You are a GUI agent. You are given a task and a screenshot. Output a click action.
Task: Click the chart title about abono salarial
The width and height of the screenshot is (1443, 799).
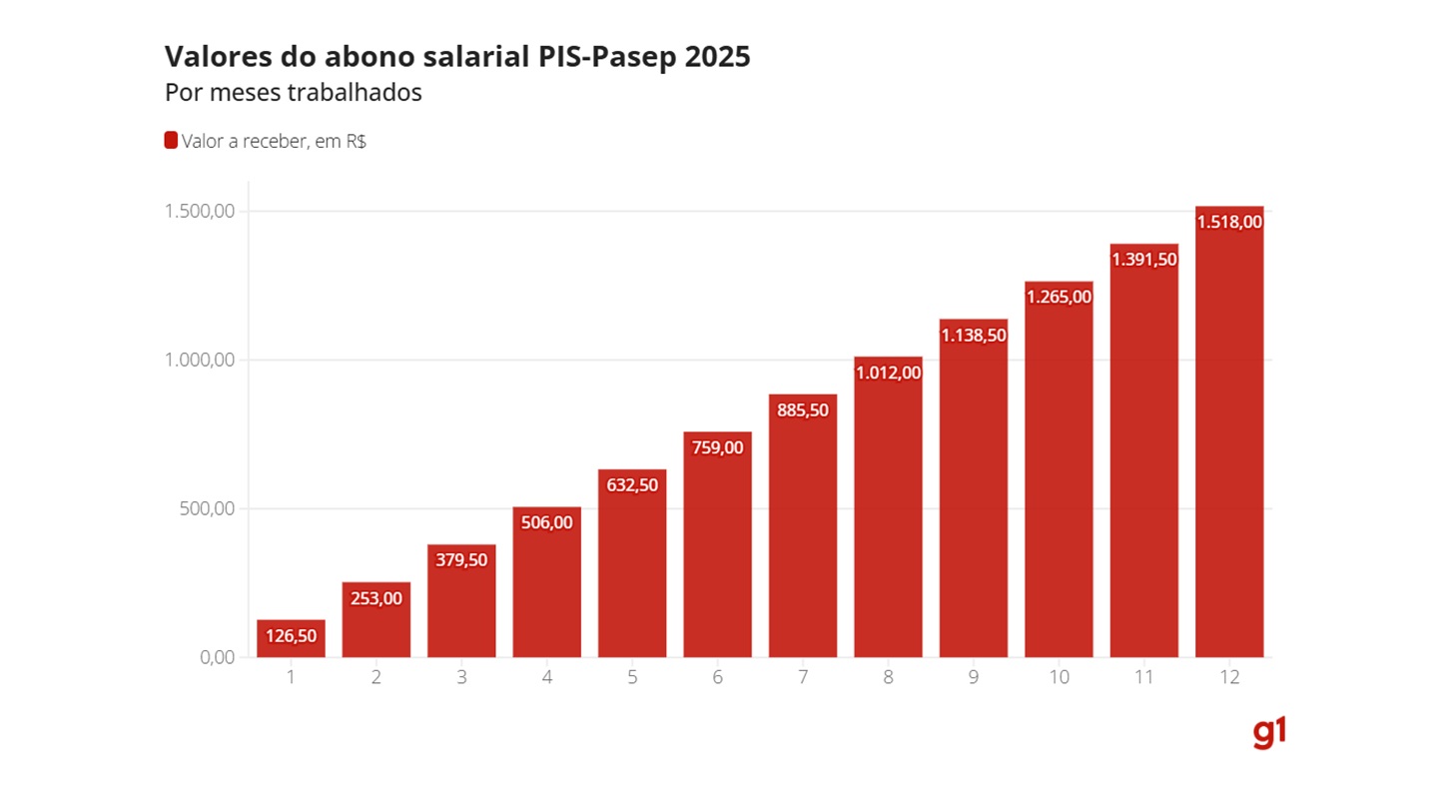click(x=457, y=57)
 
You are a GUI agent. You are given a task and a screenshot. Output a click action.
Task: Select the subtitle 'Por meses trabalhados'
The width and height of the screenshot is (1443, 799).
click(x=293, y=93)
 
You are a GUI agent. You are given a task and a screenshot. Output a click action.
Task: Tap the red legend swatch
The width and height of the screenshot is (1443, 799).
click(x=171, y=141)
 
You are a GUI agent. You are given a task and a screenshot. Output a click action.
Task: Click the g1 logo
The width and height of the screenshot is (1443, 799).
click(x=1269, y=734)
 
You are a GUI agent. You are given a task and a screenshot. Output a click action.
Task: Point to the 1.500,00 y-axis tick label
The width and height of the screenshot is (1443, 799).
click(x=201, y=212)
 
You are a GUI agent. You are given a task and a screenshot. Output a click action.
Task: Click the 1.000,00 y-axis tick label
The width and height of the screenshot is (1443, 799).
click(x=201, y=360)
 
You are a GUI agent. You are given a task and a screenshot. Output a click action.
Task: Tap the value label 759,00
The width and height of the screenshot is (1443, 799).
click(x=718, y=447)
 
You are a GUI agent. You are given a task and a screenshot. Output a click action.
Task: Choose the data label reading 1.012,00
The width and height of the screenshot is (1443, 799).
click(x=888, y=373)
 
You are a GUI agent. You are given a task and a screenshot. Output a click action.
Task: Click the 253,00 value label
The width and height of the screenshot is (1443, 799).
click(x=376, y=598)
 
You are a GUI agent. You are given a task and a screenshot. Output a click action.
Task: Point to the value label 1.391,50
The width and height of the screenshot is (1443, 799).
click(x=1143, y=260)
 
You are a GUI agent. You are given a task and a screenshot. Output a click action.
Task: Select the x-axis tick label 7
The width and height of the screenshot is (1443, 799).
click(x=803, y=678)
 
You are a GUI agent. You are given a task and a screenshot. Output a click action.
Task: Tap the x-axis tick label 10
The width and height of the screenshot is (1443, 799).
click(x=1059, y=678)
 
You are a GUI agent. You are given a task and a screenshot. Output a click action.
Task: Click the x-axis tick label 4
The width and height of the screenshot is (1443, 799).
click(x=547, y=678)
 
